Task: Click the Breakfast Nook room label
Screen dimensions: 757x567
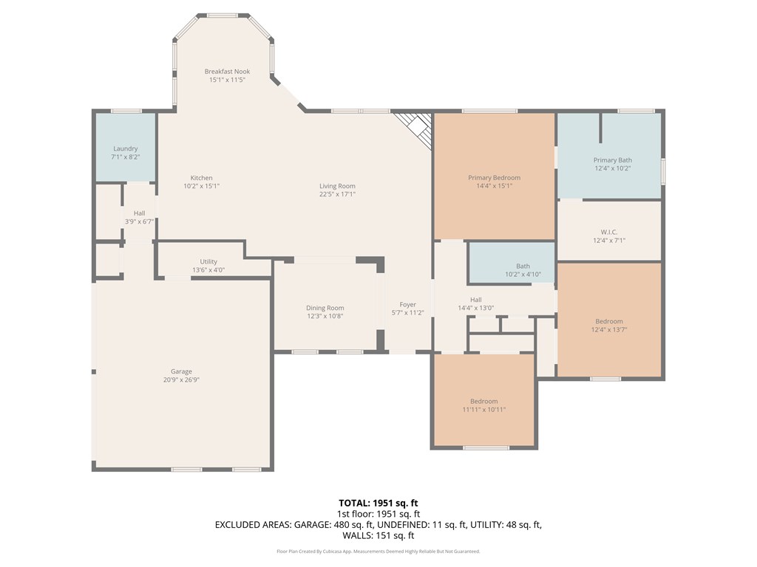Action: (227, 72)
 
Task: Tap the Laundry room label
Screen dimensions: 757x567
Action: (126, 148)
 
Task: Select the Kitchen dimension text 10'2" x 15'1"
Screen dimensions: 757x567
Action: (201, 185)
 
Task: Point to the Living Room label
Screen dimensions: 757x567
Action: (337, 185)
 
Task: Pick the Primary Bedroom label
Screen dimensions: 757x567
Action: (494, 177)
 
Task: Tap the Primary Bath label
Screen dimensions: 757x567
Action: (613, 160)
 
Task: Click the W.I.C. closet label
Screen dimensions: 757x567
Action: (609, 232)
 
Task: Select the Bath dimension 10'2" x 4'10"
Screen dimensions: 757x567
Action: (523, 275)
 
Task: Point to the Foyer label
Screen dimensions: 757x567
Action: (407, 304)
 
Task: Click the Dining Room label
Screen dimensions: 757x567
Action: (325, 308)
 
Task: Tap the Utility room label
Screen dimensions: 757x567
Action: (208, 261)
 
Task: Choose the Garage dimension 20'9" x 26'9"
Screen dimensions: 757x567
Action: (181, 379)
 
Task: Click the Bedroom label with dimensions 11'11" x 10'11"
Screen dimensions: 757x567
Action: (483, 401)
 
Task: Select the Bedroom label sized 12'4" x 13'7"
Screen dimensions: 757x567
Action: (609, 321)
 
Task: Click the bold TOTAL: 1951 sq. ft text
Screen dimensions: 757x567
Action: (378, 504)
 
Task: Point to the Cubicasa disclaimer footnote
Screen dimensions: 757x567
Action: (378, 551)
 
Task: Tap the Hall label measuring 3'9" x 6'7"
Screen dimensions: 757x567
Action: (139, 213)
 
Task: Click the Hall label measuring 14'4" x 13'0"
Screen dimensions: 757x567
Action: (475, 300)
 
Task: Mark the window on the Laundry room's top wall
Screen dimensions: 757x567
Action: (126, 111)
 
